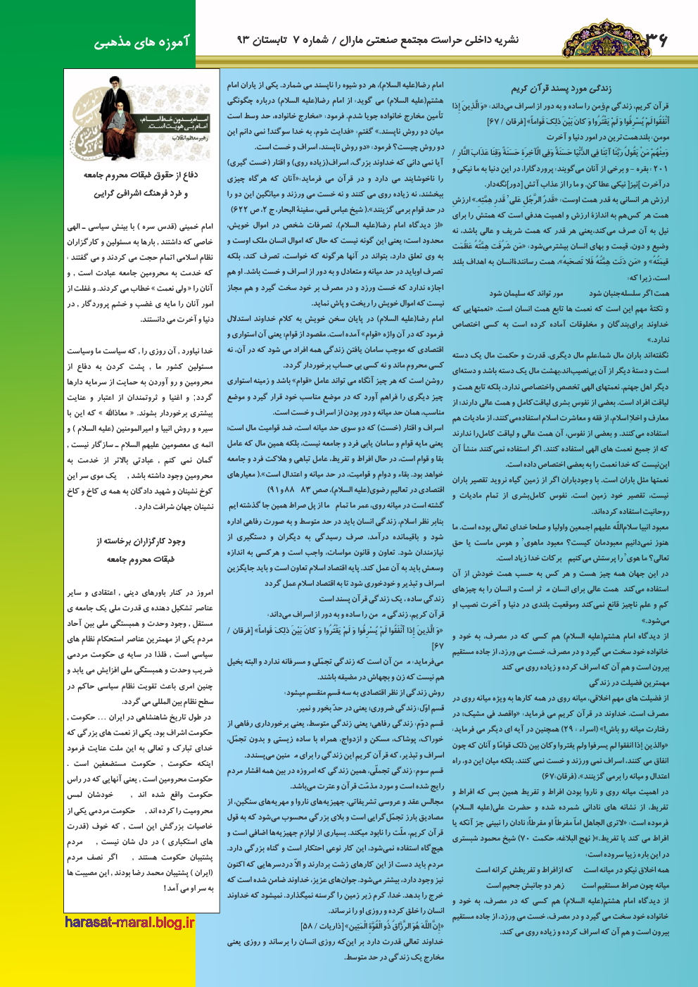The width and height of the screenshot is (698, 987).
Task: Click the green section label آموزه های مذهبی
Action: point(143,42)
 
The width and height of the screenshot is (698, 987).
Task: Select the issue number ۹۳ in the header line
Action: point(243,41)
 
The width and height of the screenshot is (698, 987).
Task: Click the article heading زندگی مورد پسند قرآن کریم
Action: point(561,88)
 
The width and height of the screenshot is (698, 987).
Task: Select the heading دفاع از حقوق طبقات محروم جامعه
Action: point(141,175)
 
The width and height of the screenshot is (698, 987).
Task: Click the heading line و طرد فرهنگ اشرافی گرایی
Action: point(141,194)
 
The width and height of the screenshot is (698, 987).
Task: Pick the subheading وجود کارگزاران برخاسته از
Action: point(141,541)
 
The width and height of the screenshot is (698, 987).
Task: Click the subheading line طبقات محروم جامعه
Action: point(141,560)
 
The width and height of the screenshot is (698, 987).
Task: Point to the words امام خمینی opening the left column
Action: point(196,227)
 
